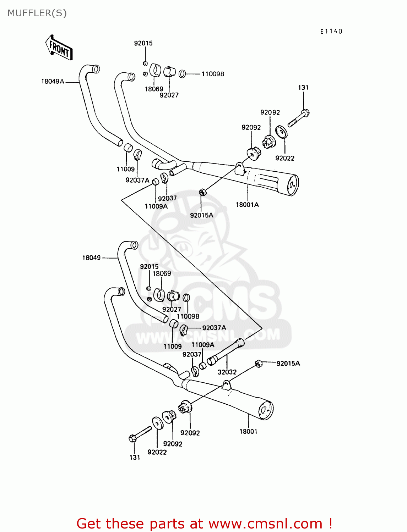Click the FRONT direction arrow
59,48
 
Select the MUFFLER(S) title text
37,13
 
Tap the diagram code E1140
331,31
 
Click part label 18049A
53,82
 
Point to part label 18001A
247,205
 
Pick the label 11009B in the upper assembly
213,74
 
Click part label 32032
227,372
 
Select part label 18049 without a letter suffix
91,258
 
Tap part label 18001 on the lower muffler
248,432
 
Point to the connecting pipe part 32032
225,352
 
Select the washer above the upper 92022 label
281,132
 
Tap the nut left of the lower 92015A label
259,363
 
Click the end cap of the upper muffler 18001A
292,185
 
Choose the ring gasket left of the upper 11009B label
182,74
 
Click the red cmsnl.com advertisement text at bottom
204,523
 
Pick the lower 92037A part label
214,328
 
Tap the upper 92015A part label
201,215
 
